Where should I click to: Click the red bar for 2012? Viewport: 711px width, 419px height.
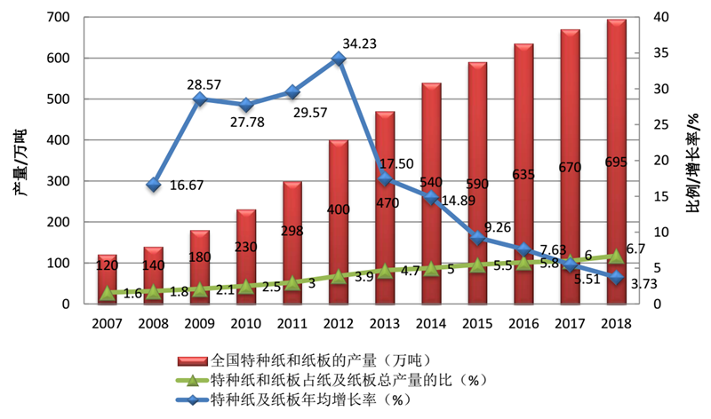339,222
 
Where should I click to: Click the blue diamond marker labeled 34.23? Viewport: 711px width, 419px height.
339,59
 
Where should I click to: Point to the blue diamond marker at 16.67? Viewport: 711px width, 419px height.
154,185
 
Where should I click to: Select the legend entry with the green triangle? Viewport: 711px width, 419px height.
338,381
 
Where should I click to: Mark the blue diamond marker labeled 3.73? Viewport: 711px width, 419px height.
616,278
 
